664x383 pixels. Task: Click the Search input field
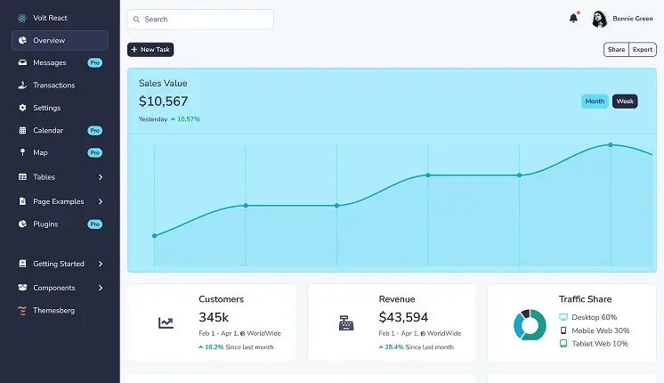200,19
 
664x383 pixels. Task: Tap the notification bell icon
573,18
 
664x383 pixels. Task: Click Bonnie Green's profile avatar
599,19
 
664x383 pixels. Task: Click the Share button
616,50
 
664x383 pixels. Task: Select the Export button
643,50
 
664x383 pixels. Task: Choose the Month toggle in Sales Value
595,102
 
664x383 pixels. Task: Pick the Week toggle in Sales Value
625,102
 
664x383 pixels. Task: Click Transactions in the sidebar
53,86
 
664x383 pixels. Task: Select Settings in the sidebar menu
46,108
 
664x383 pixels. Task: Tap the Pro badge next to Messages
94,63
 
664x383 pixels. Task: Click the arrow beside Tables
101,177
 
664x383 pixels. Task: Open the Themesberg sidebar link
53,310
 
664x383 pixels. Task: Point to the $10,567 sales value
163,102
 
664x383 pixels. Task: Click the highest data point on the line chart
611,144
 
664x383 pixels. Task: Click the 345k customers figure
214,317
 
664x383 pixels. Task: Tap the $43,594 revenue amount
403,317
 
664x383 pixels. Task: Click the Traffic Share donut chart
530,324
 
